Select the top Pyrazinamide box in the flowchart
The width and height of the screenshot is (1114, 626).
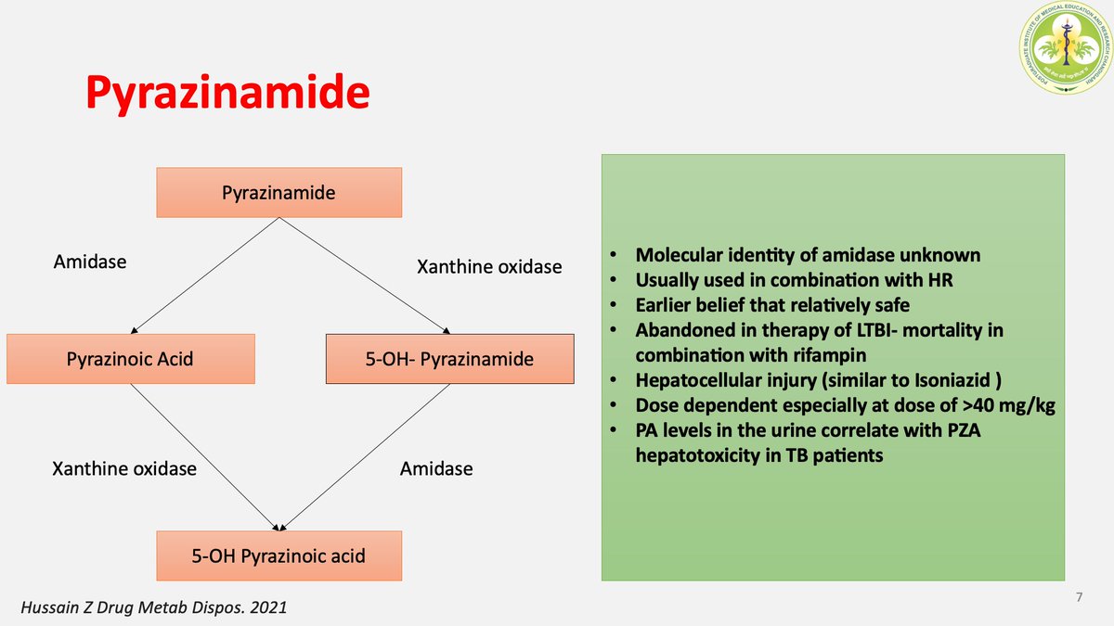click(x=278, y=193)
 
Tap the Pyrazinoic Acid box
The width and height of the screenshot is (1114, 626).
click(x=130, y=358)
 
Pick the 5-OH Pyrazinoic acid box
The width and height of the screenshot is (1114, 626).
click(x=278, y=556)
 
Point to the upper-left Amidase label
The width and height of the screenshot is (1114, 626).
click(x=90, y=262)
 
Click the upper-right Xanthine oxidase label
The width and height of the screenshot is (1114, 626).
click(x=489, y=267)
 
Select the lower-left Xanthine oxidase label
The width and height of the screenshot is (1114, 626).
click(x=124, y=468)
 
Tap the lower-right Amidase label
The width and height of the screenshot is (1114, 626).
click(x=436, y=468)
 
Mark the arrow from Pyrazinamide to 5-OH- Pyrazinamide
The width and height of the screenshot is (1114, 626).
click(x=364, y=275)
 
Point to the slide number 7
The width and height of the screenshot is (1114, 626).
click(x=1079, y=597)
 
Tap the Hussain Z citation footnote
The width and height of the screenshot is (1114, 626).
click(x=153, y=608)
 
